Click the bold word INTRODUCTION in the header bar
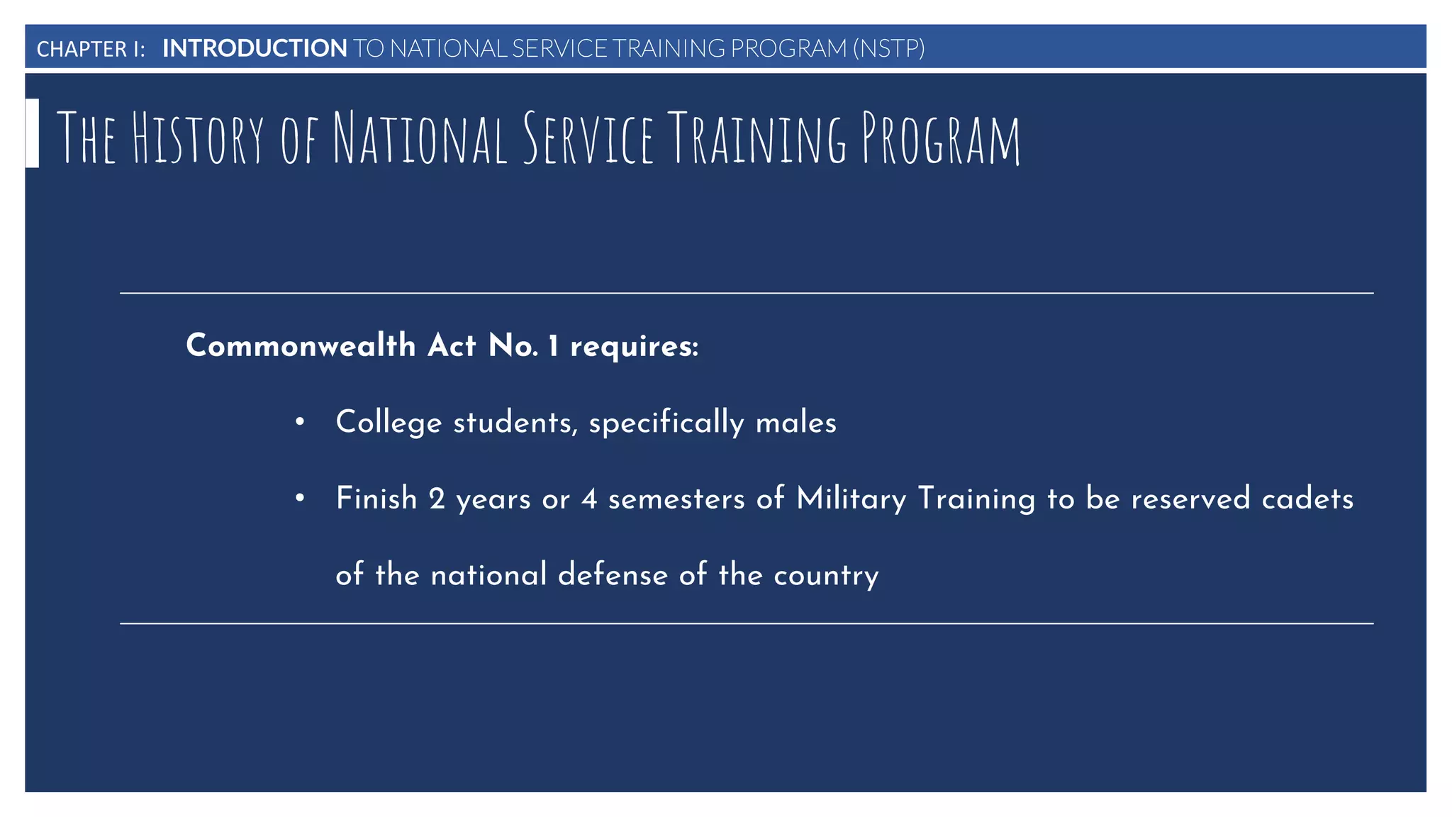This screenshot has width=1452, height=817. [x=255, y=48]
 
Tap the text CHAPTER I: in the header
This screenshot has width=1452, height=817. [x=91, y=49]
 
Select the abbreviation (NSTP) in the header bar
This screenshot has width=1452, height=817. [x=888, y=48]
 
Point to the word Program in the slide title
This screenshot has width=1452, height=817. [x=941, y=138]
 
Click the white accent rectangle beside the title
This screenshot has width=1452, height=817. [x=32, y=133]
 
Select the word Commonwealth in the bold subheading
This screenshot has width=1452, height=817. [x=301, y=345]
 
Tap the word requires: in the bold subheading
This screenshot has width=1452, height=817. [x=634, y=347]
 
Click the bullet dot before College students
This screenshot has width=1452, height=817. [x=300, y=422]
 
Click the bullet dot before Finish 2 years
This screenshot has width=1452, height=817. [x=300, y=499]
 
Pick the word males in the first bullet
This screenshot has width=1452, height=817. [x=795, y=423]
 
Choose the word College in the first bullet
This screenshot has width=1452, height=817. [x=389, y=423]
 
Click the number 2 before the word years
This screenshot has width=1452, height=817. [x=437, y=499]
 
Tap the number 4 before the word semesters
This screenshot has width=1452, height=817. [x=589, y=499]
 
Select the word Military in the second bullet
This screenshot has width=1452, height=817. [x=851, y=499]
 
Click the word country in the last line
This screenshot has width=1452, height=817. [x=826, y=575]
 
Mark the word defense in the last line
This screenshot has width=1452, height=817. [x=613, y=574]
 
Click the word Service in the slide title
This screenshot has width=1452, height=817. [x=588, y=138]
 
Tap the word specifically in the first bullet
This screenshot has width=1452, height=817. [x=666, y=423]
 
